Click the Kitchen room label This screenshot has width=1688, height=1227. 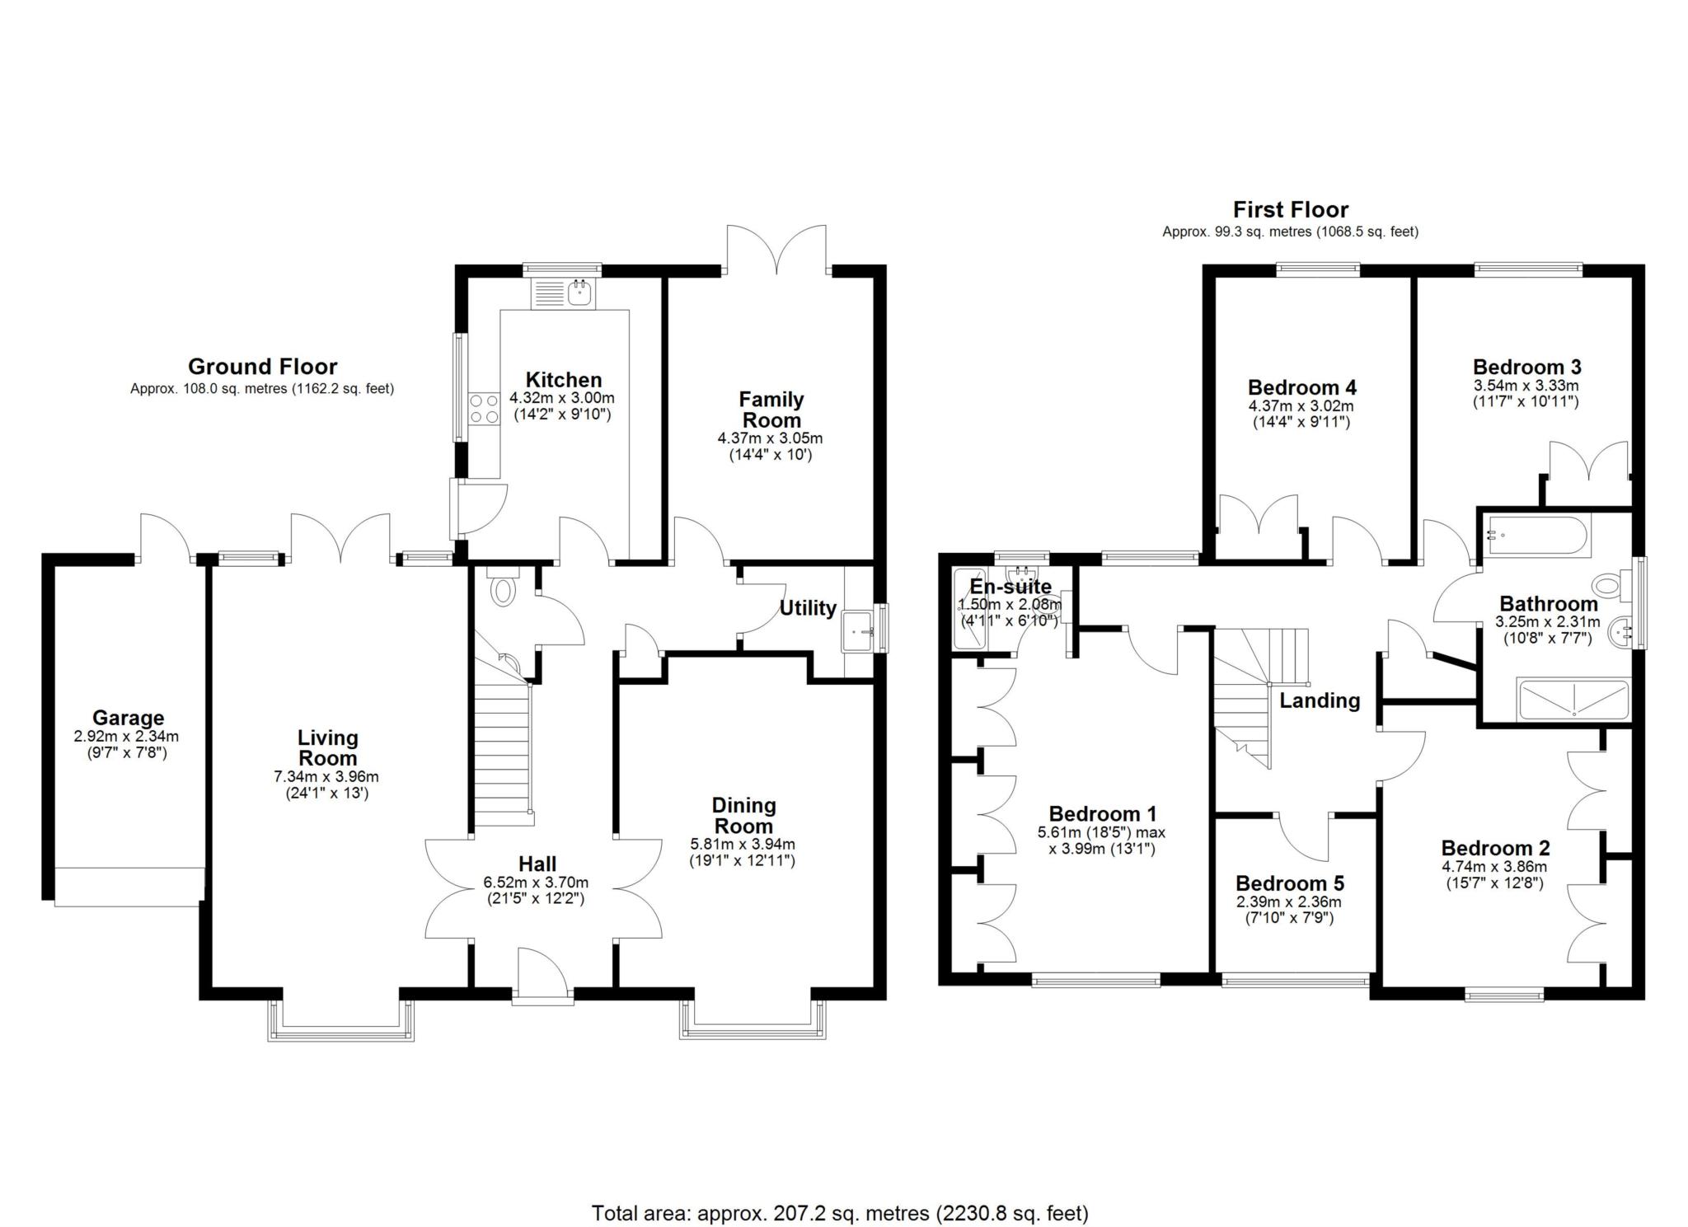pyautogui.click(x=563, y=380)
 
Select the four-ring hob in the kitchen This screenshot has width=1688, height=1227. pyautogui.click(x=484, y=409)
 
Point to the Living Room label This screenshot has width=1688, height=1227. pyautogui.click(x=327, y=747)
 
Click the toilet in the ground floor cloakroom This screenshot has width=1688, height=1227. pyautogui.click(x=502, y=589)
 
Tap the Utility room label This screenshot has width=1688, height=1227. pyautogui.click(x=808, y=608)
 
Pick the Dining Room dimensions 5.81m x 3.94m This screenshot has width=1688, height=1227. pyautogui.click(x=742, y=845)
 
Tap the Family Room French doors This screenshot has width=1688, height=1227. pyautogui.click(x=776, y=251)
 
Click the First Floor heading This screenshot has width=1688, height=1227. pyautogui.click(x=1290, y=209)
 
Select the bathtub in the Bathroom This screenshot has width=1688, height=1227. pyautogui.click(x=1537, y=535)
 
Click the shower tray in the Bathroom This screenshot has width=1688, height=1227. pyautogui.click(x=1573, y=700)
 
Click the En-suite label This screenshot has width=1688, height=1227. pyautogui.click(x=1010, y=587)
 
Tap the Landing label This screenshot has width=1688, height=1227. pyautogui.click(x=1319, y=700)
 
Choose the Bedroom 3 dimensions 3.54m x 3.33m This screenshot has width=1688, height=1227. pyautogui.click(x=1526, y=386)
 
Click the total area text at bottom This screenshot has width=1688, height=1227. pyautogui.click(x=839, y=1213)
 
